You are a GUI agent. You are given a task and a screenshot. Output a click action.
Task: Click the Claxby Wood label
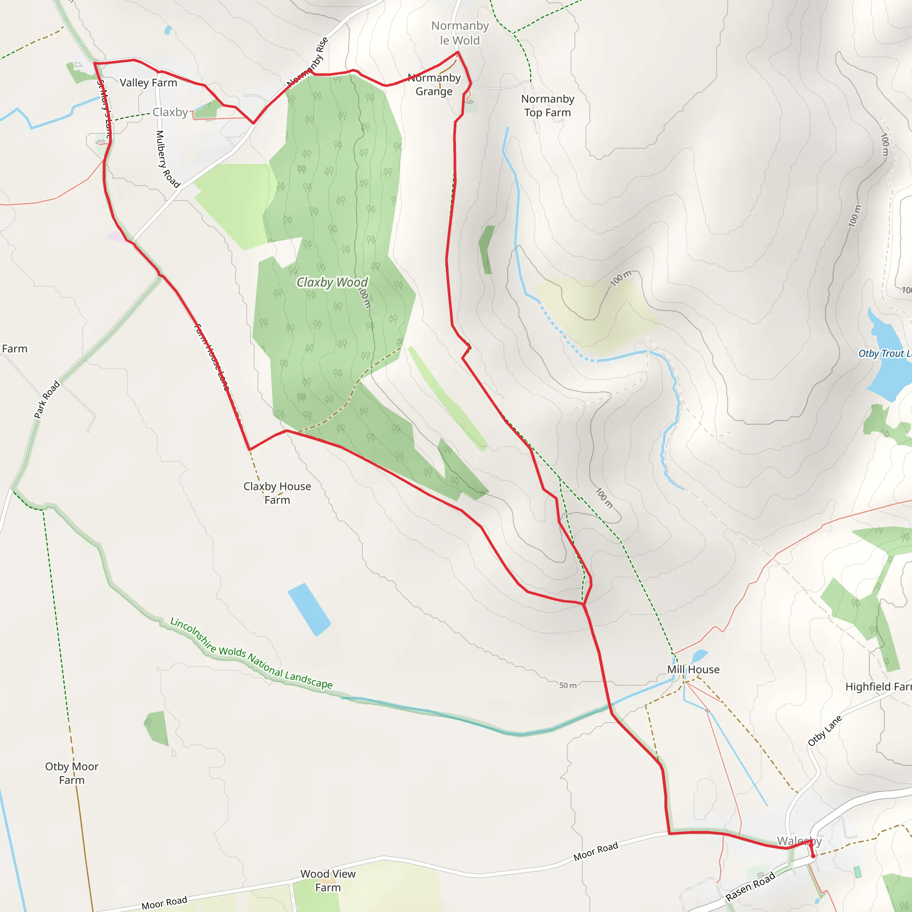click(332, 282)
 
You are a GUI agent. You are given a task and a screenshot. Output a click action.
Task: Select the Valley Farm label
click(148, 83)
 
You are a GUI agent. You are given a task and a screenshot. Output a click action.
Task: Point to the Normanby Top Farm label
click(548, 106)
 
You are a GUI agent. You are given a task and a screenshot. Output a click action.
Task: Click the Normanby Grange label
click(434, 85)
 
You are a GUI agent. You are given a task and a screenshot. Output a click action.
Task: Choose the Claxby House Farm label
click(277, 493)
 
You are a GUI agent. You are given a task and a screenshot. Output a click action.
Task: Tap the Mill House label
click(693, 669)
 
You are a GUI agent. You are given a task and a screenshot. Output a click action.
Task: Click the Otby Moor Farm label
click(72, 773)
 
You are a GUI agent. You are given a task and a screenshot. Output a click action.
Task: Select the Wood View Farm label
click(328, 880)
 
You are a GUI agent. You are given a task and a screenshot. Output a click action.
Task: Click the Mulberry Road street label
click(167, 159)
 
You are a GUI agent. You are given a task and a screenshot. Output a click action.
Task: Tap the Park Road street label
click(47, 399)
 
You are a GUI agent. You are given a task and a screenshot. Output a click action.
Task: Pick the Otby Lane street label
click(824, 731)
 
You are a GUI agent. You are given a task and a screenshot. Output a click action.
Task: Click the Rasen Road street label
click(750, 886)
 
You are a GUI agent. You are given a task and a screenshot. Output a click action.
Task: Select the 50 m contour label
click(568, 685)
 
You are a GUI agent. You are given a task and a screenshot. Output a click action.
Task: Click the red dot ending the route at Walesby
click(813, 856)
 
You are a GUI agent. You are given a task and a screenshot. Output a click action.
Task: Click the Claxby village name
click(170, 112)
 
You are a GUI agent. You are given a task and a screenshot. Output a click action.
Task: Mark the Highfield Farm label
click(878, 687)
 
